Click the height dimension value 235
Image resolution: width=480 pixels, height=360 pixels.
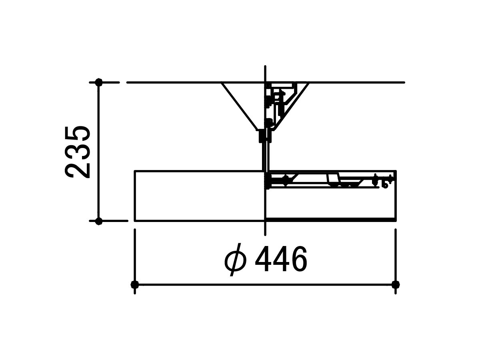click(78, 152)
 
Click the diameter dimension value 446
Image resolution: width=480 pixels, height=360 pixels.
click(281, 259)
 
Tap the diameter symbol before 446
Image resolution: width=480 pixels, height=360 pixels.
click(236, 260)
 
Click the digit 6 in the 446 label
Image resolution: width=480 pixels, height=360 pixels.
click(299, 259)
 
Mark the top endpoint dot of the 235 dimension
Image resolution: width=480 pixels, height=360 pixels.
click(99, 82)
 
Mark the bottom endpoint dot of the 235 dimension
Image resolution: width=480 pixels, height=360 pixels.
click(99, 221)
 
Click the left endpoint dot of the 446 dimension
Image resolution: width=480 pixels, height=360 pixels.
click(134, 284)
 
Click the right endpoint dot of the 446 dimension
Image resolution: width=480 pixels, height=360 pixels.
click(396, 284)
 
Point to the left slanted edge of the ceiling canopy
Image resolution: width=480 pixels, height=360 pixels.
click(239, 106)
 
